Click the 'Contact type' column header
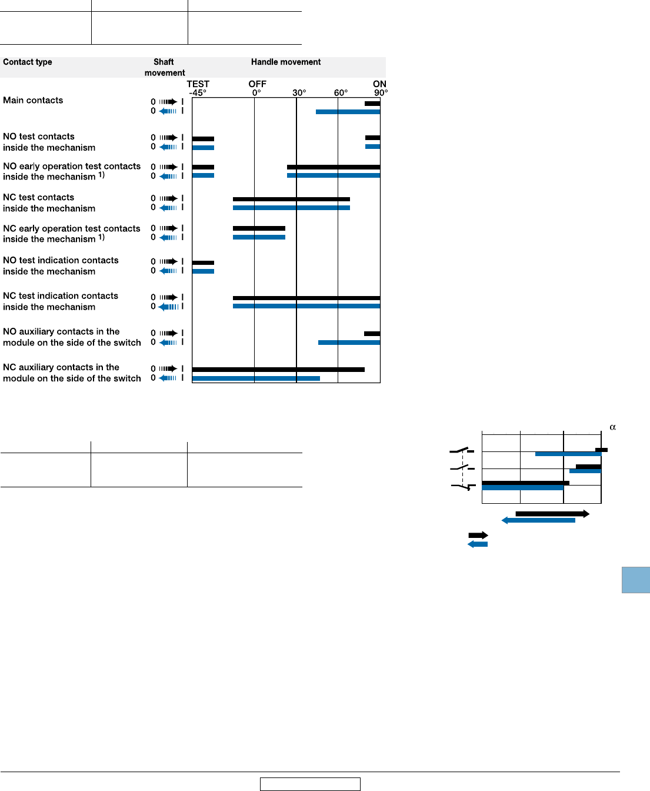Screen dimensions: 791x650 click(x=28, y=62)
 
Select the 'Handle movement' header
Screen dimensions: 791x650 click(x=286, y=62)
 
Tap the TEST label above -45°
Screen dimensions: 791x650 click(x=198, y=84)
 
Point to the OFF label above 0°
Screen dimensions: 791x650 click(x=257, y=84)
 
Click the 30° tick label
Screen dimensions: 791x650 click(x=299, y=93)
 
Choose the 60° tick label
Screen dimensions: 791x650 click(x=341, y=93)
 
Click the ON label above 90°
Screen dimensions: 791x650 click(x=379, y=84)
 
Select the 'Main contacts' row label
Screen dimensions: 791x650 click(x=33, y=100)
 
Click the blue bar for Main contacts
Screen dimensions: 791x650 click(x=348, y=112)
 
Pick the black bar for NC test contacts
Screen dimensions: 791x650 click(x=291, y=199)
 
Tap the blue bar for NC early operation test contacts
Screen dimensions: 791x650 click(x=259, y=237)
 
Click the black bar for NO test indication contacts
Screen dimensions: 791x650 click(x=203, y=262)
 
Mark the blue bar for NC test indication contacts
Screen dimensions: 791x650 click(x=306, y=306)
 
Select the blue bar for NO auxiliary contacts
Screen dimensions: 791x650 click(x=349, y=343)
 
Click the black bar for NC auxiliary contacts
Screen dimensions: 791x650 click(x=278, y=370)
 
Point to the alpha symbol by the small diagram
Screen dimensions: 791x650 click(x=612, y=427)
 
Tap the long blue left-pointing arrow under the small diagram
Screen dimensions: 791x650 click(x=538, y=520)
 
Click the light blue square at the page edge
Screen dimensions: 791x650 click(x=635, y=580)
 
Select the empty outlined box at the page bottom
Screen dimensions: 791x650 click(x=310, y=784)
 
